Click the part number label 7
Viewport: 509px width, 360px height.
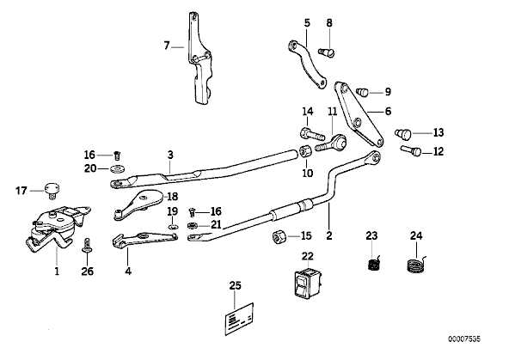(x=167, y=46)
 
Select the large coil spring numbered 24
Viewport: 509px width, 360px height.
(x=416, y=263)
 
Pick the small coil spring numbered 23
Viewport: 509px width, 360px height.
(x=374, y=263)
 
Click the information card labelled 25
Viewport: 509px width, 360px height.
(x=239, y=319)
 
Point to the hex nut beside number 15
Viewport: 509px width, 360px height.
(x=279, y=237)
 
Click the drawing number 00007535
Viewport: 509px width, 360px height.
(x=464, y=339)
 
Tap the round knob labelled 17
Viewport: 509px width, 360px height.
(x=52, y=189)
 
